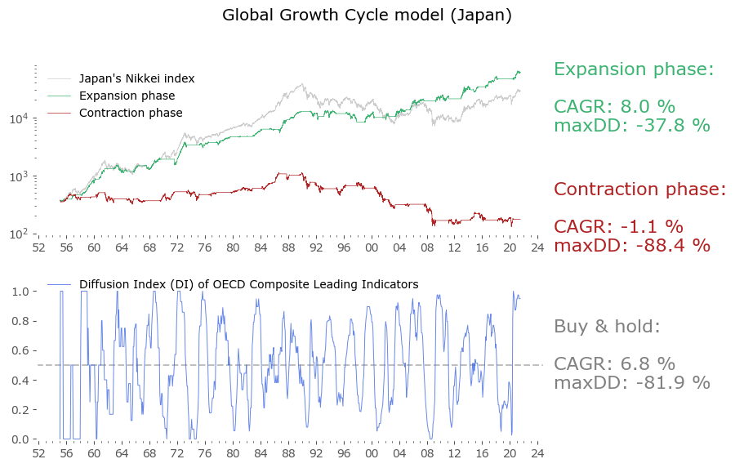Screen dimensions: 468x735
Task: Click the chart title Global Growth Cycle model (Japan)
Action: click(x=367, y=16)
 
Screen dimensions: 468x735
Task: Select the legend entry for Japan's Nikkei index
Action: click(x=136, y=79)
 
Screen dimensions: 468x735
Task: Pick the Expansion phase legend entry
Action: click(x=127, y=96)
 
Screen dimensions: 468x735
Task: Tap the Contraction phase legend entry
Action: click(x=131, y=113)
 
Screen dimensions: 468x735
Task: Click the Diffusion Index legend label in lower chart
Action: click(x=248, y=284)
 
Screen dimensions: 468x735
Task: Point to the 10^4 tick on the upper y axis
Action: click(x=20, y=118)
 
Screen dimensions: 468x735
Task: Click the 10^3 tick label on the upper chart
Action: click(x=20, y=176)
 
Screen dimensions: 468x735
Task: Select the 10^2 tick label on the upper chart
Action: click(x=20, y=234)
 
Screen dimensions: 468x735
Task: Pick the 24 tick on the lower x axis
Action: click(x=537, y=452)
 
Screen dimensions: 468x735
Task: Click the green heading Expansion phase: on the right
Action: click(x=634, y=69)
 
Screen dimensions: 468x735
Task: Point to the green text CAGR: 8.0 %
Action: click(x=614, y=107)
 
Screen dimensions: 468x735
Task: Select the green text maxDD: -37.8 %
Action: click(x=631, y=126)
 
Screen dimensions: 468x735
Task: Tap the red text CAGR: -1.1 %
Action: click(x=618, y=227)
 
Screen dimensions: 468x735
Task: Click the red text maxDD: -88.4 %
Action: click(x=631, y=245)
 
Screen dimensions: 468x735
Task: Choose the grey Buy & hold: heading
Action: click(x=606, y=327)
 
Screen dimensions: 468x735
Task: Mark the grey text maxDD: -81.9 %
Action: click(x=631, y=382)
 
